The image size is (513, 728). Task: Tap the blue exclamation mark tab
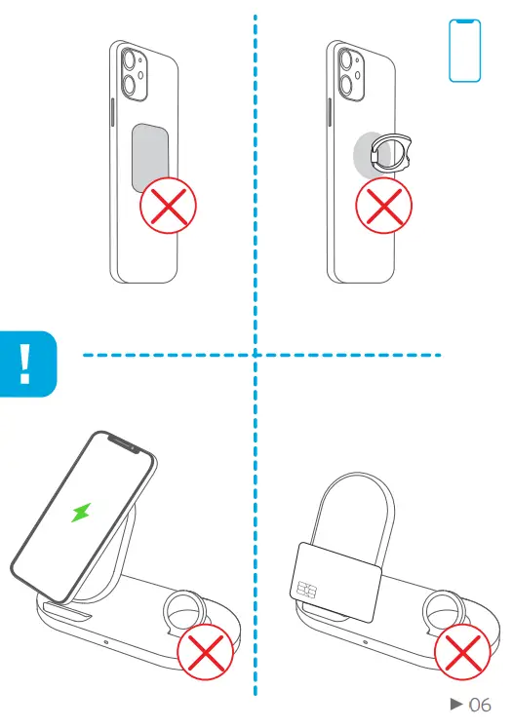click(26, 363)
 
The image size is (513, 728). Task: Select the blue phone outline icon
click(465, 52)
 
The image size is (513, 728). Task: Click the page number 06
click(480, 704)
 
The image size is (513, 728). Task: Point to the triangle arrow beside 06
click(454, 704)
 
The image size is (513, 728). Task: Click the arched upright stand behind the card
click(355, 507)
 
